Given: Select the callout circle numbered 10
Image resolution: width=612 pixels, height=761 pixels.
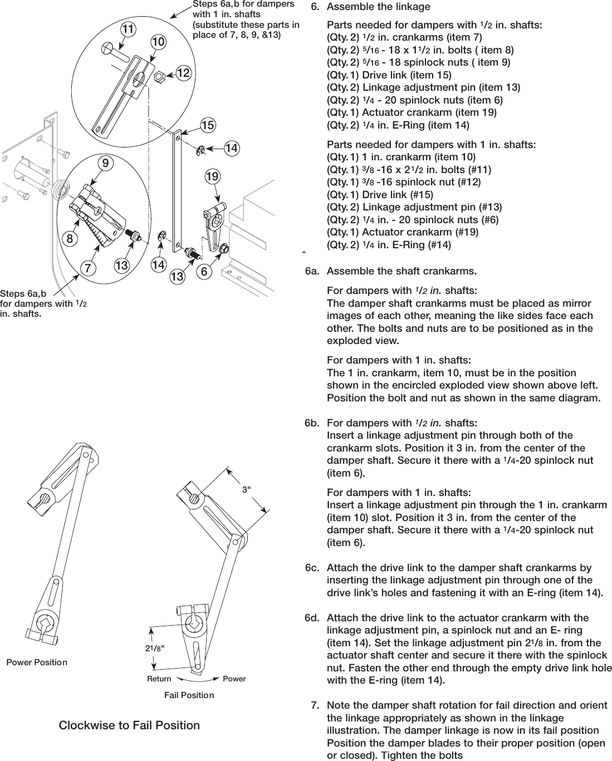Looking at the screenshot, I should click(x=158, y=42).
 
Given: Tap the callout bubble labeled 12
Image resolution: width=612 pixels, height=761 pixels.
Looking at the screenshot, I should click(x=183, y=72).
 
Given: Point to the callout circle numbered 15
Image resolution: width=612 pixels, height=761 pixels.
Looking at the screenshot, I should click(x=208, y=126).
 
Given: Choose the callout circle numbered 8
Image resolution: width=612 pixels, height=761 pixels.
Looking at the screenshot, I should click(x=70, y=239).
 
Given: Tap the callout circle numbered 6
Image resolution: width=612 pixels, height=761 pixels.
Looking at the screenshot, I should click(x=204, y=272).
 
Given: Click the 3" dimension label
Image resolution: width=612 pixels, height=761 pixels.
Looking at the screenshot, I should click(x=246, y=489).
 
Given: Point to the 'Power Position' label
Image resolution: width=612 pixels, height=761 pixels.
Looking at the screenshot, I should click(x=37, y=662).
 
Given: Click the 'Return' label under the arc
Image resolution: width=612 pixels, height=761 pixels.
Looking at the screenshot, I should click(x=159, y=679).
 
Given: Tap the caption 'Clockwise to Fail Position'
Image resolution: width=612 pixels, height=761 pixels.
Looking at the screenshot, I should click(x=129, y=725).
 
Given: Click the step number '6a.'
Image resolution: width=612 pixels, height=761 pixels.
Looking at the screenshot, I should click(x=312, y=272).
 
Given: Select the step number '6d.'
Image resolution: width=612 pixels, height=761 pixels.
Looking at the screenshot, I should click(x=312, y=617).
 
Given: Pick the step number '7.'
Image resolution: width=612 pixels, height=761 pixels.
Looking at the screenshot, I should click(x=315, y=705).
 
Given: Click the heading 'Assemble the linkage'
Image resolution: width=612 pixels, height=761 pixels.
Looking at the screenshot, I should click(x=378, y=7).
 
